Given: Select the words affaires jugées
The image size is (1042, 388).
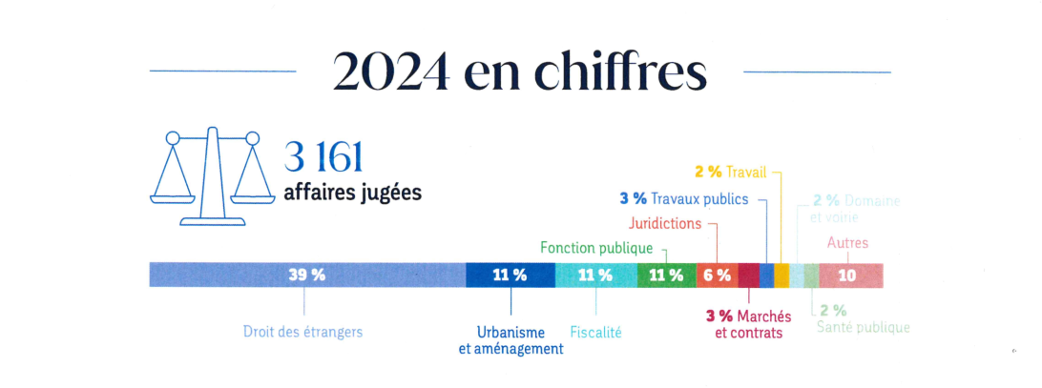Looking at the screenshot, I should point(352,192).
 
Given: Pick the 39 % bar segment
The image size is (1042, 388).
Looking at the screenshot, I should point(307,275).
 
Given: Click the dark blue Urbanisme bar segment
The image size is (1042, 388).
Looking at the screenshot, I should point(510,275).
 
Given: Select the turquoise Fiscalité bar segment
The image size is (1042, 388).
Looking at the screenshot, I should point(595,275).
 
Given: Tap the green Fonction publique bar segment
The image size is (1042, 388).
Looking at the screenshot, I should point(666,275).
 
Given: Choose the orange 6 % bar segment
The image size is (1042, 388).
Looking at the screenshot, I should point(717,275).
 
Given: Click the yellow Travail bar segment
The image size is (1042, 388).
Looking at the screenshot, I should point(781,275).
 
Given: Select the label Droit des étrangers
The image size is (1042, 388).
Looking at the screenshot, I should point(303,333).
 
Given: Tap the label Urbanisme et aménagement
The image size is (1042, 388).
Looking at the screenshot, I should point(511,340).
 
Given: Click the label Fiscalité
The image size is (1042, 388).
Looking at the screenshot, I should point(595,333).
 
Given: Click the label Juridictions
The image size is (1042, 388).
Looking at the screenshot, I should point(665,224).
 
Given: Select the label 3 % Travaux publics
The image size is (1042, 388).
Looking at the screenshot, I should point(684,199).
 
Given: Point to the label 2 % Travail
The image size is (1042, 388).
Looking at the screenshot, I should point(730,173).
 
